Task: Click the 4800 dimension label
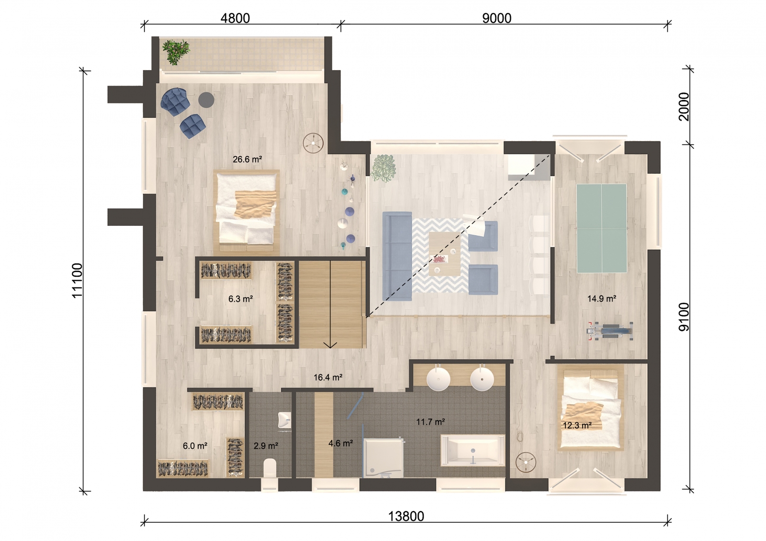[x=235, y=18]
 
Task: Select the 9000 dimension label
[x=496, y=18]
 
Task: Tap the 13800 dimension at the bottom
[x=406, y=516]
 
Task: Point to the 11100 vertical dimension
[x=77, y=281]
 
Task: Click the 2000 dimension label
[x=684, y=107]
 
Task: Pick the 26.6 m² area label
[x=247, y=159]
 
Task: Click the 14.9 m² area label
[x=601, y=298]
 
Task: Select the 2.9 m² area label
[x=266, y=446]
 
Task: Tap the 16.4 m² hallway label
[x=328, y=377]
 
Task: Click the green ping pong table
[x=601, y=228]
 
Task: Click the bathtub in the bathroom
[x=473, y=451]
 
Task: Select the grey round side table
[x=206, y=100]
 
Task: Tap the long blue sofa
[x=397, y=256]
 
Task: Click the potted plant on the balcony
[x=175, y=52]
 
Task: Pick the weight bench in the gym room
[x=610, y=331]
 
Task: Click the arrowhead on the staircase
[x=330, y=345]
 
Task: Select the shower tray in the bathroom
[x=383, y=458]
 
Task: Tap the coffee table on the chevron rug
[x=445, y=254]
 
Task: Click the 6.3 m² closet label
[x=240, y=299]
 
